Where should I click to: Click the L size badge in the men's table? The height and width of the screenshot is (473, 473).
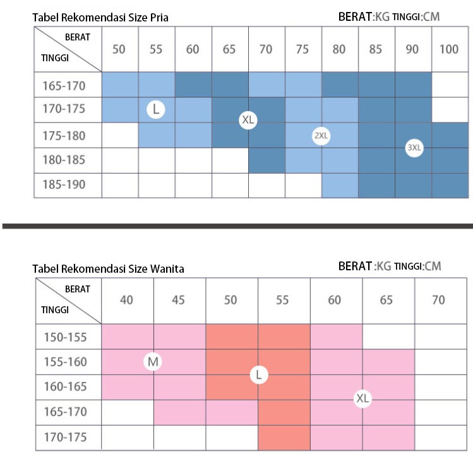coord(155,110)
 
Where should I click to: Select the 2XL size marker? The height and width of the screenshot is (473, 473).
coord(321,136)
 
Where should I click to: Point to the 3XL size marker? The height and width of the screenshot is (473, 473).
coord(414,148)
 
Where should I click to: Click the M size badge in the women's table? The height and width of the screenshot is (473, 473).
coord(153,362)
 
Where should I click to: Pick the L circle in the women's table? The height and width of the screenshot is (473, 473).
coord(258,375)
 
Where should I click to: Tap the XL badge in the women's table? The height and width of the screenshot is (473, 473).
coord(362,398)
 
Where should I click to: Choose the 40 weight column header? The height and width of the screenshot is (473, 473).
coord(127,300)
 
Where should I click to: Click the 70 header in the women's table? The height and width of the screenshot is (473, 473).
coord(438,300)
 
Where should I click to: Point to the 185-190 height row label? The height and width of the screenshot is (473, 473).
coord(64,185)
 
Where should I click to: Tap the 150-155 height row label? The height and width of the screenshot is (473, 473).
coord(65,337)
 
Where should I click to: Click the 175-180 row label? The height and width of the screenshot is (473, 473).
coord(64,136)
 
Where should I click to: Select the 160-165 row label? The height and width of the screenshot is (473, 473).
coord(65,386)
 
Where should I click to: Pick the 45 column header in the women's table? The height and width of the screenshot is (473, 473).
coord(179,300)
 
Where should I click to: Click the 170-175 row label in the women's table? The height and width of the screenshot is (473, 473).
coord(65,437)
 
